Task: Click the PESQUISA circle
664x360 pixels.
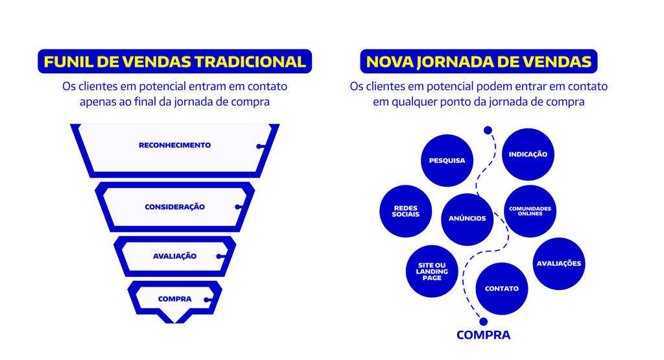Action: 447,160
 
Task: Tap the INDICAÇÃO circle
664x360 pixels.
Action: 528,154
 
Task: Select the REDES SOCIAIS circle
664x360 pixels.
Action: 406,211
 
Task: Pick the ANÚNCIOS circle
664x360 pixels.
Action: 467,219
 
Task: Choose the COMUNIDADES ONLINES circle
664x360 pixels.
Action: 530,211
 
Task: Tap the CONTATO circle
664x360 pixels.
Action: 501,289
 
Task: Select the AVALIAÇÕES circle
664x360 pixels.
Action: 559,263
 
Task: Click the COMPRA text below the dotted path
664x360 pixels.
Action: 483,335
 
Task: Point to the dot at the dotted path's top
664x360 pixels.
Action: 488,130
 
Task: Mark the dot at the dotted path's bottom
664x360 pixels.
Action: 482,321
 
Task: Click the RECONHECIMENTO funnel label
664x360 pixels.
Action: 174,145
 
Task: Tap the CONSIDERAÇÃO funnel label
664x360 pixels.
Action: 174,207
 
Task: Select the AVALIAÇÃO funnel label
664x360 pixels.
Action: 174,256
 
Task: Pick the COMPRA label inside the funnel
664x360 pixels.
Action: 174,299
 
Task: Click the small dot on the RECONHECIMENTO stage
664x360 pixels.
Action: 259,147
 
